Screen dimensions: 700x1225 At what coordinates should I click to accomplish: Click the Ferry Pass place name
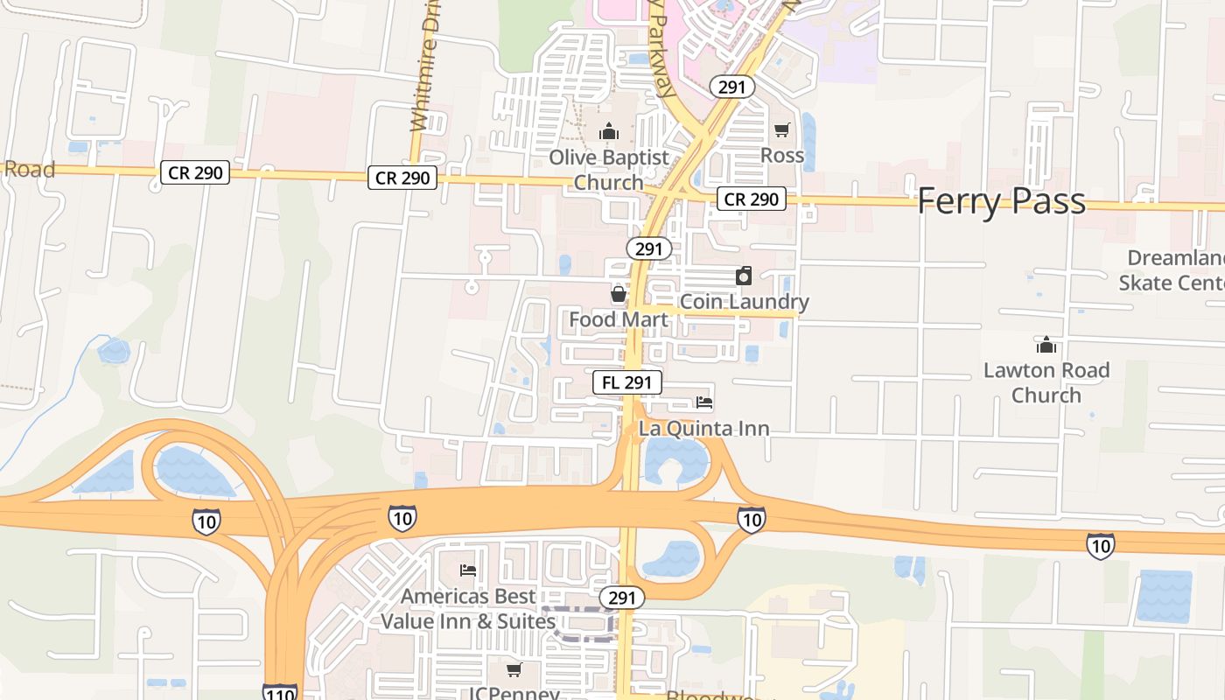(1001, 201)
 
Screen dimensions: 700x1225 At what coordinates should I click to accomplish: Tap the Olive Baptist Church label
(609, 170)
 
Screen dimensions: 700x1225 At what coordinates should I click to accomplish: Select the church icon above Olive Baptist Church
(609, 132)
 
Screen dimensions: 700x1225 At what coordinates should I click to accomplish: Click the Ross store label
(782, 155)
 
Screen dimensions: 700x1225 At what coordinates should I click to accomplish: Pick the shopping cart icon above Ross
(782, 129)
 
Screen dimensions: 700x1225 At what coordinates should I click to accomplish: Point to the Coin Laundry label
(744, 302)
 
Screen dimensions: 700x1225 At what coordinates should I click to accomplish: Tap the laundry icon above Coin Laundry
(744, 276)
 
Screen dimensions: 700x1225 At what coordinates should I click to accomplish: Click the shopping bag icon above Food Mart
(619, 293)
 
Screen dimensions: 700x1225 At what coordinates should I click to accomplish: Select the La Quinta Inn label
(704, 428)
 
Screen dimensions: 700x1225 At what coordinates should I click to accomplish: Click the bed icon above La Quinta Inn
(704, 402)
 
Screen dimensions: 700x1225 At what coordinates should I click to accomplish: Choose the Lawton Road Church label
(1046, 382)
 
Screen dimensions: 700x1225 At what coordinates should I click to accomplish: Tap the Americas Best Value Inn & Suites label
(468, 608)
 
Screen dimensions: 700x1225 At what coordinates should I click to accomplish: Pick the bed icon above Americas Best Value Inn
(468, 570)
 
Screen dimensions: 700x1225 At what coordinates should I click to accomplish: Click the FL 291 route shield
(626, 382)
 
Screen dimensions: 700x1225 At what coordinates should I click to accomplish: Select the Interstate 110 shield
(279, 692)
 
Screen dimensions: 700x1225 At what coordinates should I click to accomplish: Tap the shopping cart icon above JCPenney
(514, 669)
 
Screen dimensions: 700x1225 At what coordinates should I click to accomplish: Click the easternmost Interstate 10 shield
(1101, 546)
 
